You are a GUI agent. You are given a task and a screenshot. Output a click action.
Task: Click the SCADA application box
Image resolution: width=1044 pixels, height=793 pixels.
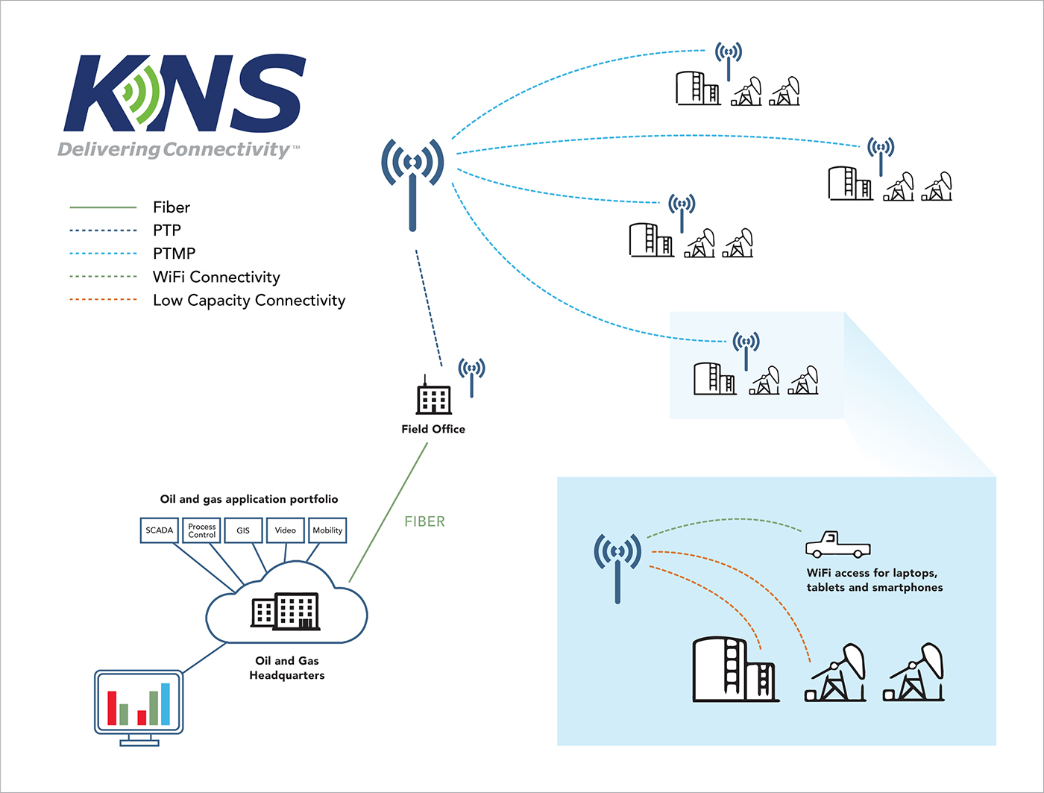point(159,530)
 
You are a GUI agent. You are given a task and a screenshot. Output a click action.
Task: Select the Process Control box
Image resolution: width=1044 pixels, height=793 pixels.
point(201,530)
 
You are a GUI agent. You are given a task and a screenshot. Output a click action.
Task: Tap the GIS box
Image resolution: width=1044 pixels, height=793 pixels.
point(243,530)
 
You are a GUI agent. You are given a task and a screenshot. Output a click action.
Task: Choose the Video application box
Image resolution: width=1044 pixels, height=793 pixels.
point(285,530)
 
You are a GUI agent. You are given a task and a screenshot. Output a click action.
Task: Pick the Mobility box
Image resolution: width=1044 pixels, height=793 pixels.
point(327,530)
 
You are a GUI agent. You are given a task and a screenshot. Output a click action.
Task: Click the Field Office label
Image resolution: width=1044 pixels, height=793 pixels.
point(433,429)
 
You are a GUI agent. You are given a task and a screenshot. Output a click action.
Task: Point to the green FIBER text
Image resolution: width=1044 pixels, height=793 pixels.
point(424,521)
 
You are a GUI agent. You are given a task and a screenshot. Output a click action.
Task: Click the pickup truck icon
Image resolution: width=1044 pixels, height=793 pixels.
point(837,545)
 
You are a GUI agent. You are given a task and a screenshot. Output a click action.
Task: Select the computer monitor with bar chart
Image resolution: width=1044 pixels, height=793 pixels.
point(139,705)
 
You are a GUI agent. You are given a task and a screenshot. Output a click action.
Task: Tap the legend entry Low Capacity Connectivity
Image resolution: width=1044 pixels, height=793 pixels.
point(248,300)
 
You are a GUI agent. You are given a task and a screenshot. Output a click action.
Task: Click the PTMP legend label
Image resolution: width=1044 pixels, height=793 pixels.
point(174,254)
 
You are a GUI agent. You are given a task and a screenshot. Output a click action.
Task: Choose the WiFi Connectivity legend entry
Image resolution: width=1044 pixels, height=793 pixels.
point(216,277)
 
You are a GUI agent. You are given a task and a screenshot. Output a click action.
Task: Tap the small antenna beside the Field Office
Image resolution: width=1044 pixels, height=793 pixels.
point(471,377)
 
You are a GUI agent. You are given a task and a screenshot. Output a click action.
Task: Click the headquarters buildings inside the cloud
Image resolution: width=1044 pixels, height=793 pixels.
point(286,612)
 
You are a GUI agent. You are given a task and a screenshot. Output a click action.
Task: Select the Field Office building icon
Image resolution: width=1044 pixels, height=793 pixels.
point(433,398)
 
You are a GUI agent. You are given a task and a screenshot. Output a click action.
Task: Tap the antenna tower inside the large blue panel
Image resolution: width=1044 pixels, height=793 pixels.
point(617,567)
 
